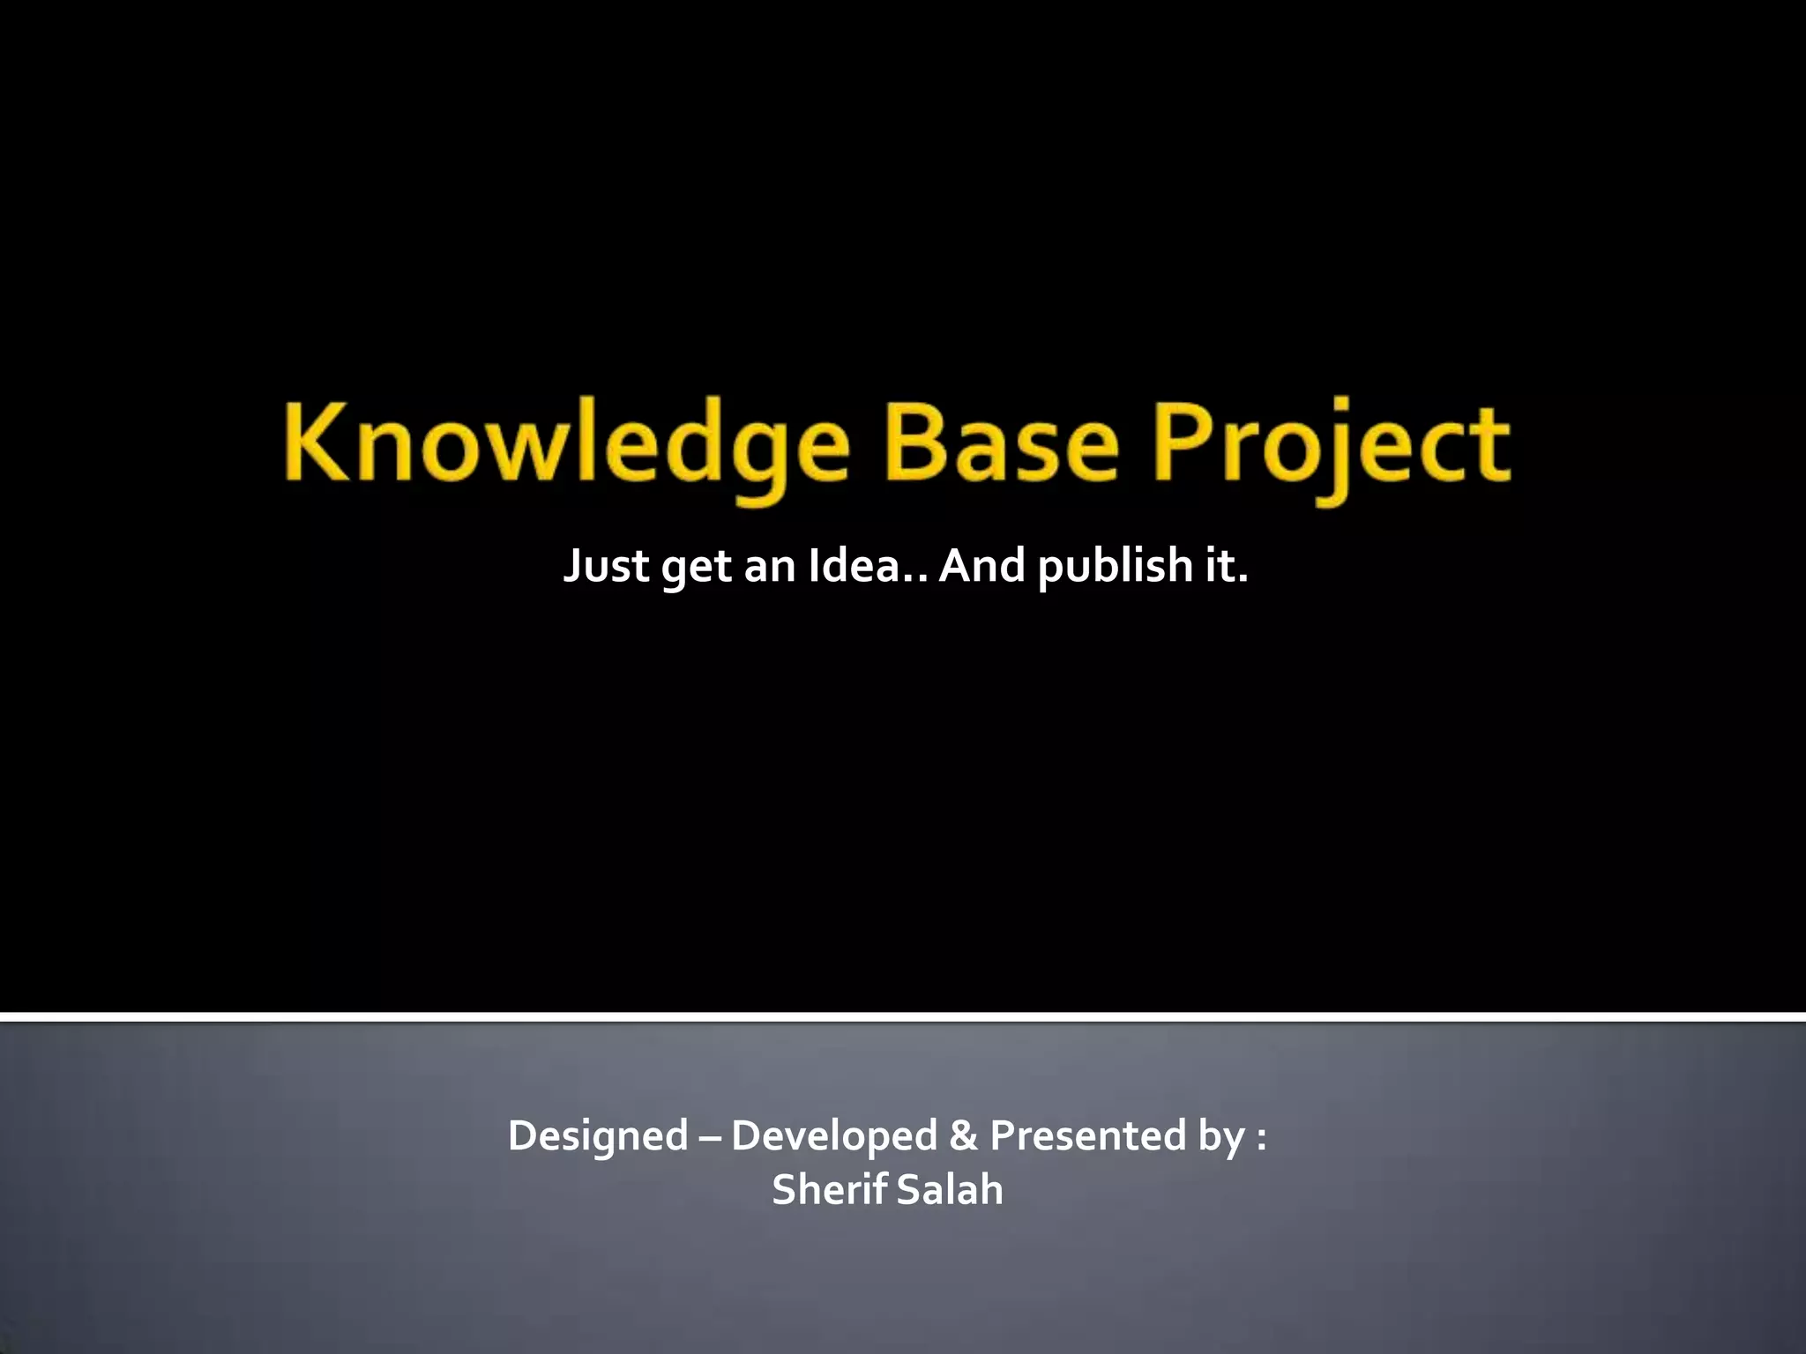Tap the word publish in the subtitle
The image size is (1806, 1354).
pos(1114,565)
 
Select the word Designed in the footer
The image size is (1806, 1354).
pos(598,1135)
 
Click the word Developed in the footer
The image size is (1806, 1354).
pos(833,1135)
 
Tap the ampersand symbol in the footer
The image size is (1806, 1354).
pos(963,1135)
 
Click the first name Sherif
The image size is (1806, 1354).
pos(829,1189)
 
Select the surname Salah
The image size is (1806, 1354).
pos(950,1189)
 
